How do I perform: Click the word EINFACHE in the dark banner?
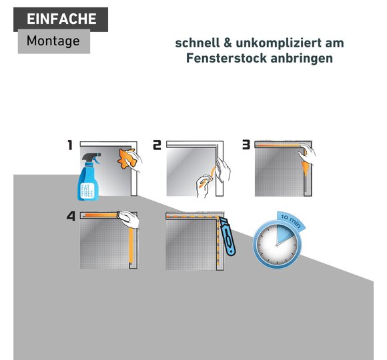pyautogui.click(x=61, y=19)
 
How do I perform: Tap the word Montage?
pyautogui.click(x=53, y=41)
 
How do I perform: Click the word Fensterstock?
pyautogui.click(x=226, y=58)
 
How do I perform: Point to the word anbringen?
pyautogui.click(x=302, y=59)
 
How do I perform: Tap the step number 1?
pyautogui.click(x=70, y=145)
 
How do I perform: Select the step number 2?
pyautogui.click(x=157, y=145)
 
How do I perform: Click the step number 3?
pyautogui.click(x=246, y=145)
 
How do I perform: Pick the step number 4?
pyautogui.click(x=71, y=216)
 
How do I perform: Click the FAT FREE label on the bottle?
pyautogui.click(x=87, y=191)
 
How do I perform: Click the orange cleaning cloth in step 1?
pyautogui.click(x=127, y=159)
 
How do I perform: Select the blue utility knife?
pyautogui.click(x=228, y=237)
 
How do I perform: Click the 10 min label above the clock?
pyautogui.click(x=291, y=220)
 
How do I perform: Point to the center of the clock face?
pyautogui.click(x=277, y=245)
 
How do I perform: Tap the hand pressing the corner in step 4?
pyautogui.click(x=129, y=219)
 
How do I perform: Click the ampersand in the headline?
pyautogui.click(x=228, y=43)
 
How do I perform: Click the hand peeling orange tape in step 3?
pyautogui.click(x=308, y=154)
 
